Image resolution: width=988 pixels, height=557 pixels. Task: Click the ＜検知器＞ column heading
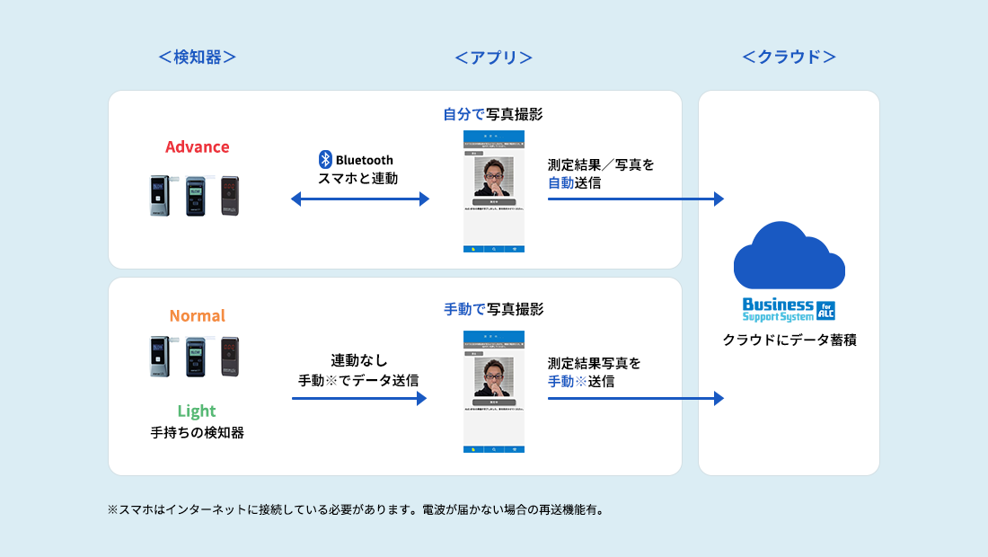(x=197, y=57)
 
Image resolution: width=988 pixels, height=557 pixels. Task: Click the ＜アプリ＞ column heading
(x=493, y=57)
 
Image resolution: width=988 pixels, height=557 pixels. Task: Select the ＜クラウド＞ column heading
(x=789, y=57)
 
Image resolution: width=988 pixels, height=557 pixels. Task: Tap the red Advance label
(x=197, y=146)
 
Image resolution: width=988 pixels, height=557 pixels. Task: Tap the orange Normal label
(x=197, y=315)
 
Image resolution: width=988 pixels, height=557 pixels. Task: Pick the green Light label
(x=197, y=411)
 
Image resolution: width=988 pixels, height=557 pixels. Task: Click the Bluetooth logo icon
(x=325, y=160)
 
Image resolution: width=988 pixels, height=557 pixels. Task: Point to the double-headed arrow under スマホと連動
(x=360, y=199)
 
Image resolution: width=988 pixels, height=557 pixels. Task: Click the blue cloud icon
(x=789, y=255)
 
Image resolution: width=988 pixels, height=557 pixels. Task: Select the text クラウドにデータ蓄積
(x=789, y=340)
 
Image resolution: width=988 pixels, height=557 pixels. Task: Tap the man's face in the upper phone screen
(x=493, y=178)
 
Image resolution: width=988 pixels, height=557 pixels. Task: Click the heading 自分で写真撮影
(x=493, y=114)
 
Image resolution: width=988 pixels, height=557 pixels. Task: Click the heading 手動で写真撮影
(x=493, y=309)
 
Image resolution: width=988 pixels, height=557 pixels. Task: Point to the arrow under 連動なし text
(x=359, y=398)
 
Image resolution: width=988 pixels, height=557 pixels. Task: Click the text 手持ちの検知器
(x=197, y=433)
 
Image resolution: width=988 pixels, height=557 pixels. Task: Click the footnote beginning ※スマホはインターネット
(x=356, y=509)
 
